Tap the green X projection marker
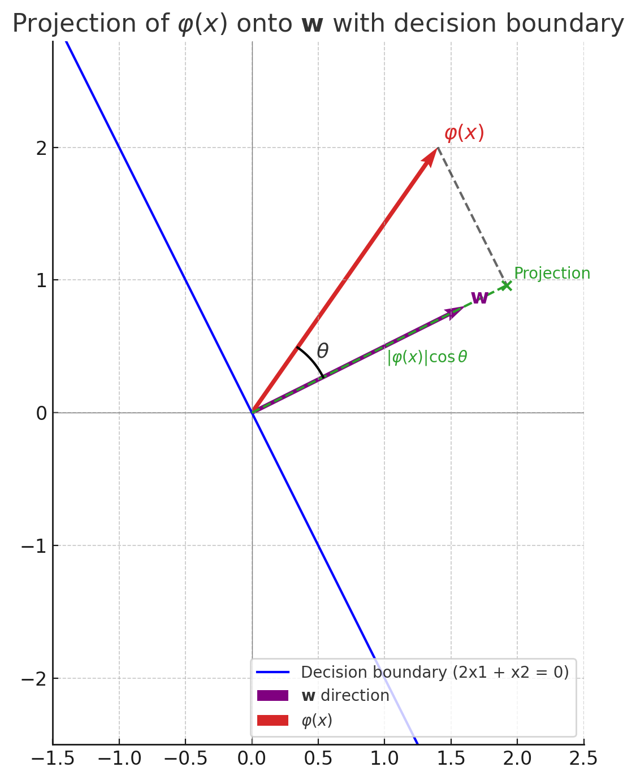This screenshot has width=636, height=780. pos(507,285)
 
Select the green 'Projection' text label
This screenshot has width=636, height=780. pos(552,274)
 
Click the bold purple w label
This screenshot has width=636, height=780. pos(479,297)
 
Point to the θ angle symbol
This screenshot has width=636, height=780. pos(322,351)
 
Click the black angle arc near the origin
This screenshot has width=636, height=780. pos(313,360)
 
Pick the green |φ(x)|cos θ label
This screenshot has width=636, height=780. pos(427,357)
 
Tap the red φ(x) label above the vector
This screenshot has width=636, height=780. pos(464,133)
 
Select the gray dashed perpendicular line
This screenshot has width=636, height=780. pos(472,216)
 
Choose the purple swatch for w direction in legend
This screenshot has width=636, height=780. pos(272,696)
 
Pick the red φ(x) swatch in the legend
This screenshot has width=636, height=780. pos(272,721)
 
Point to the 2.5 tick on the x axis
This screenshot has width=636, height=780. pos(583,759)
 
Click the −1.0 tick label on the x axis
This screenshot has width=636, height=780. pos(119,759)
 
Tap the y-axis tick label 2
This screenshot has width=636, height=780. pos(41,148)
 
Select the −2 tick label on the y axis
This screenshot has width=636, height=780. pos(34,678)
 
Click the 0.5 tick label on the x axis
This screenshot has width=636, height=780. pos(318,759)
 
